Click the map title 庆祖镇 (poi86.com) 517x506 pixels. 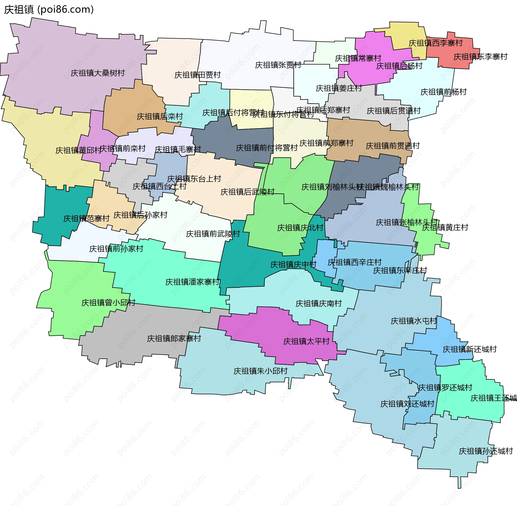click(x=49, y=10)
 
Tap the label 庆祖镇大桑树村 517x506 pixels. click(x=97, y=73)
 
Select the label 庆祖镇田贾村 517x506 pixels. click(x=197, y=75)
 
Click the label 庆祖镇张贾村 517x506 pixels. click(x=278, y=65)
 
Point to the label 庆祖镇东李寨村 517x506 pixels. click(x=480, y=57)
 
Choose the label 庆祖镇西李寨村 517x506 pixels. click(x=435, y=43)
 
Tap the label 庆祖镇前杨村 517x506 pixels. click(x=443, y=92)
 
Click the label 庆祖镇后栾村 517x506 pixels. click(x=160, y=116)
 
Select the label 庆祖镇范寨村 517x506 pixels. click(x=86, y=219)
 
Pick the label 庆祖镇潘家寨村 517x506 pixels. click(x=193, y=282)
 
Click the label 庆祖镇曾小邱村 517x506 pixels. click(x=108, y=303)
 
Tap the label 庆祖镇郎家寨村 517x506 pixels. click(x=174, y=338)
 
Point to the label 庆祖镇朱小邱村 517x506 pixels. click(x=260, y=371)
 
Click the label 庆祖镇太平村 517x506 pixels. click(x=306, y=341)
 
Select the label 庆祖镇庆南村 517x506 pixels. click(x=319, y=304)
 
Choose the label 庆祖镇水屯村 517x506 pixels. click(x=414, y=321)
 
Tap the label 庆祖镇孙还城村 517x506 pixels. click(x=485, y=451)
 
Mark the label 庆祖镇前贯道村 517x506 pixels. click(x=393, y=146)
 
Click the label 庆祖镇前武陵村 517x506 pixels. click(x=213, y=234)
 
